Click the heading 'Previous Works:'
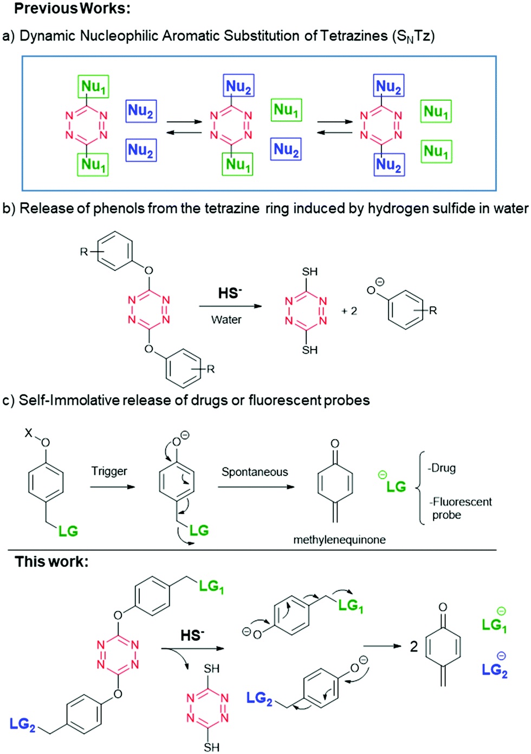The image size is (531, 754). (x=72, y=9)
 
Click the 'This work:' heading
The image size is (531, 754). (x=51, y=562)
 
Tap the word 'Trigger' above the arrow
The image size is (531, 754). (x=109, y=471)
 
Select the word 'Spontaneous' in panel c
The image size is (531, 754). (x=255, y=472)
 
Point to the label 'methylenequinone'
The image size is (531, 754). (x=339, y=540)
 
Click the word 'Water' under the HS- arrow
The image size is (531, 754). (x=226, y=320)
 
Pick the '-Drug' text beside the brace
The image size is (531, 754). (x=442, y=468)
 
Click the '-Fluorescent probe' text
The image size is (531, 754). (x=461, y=508)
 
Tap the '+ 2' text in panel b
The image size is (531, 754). (x=349, y=311)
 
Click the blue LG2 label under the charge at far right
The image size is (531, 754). (x=495, y=671)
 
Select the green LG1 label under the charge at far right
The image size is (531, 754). (x=494, y=626)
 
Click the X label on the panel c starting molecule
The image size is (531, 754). (x=29, y=433)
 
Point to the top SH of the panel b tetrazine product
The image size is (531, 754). (x=310, y=272)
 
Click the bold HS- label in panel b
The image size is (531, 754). (x=230, y=293)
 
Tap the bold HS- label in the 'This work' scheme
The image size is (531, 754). (x=192, y=635)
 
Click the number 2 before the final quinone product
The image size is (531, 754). (x=414, y=646)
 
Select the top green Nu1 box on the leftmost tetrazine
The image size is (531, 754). (x=94, y=87)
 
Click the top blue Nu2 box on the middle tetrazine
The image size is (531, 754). (x=238, y=86)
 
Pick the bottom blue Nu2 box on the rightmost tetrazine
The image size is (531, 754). (x=388, y=164)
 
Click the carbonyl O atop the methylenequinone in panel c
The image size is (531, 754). (x=335, y=443)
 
